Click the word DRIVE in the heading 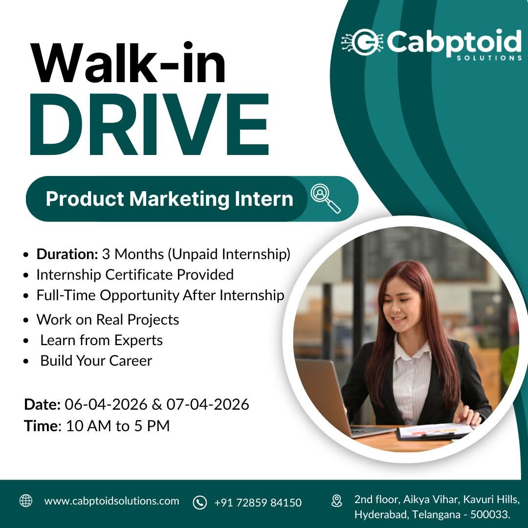click(149, 125)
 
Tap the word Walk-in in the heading click(129, 64)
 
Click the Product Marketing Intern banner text click(169, 199)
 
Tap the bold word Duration click(67, 254)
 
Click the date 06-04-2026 click(106, 404)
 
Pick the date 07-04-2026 click(208, 404)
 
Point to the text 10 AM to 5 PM click(118, 426)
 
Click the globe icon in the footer click(25, 501)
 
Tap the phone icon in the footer click(199, 502)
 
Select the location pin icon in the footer click(337, 501)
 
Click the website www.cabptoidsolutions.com click(111, 501)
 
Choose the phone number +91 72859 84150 click(258, 502)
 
